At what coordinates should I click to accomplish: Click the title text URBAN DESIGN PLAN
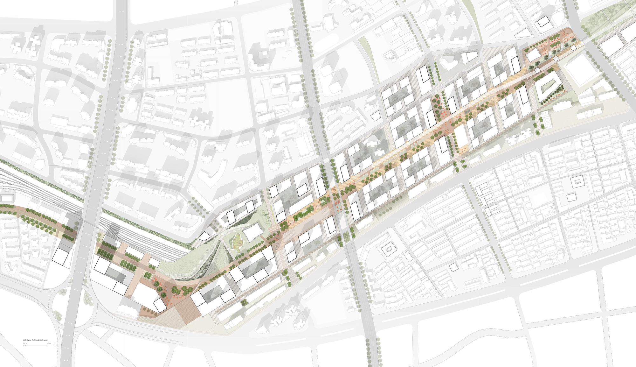pyautogui.click(x=35, y=340)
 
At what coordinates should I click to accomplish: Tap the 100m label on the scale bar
pyautogui.click(x=49, y=343)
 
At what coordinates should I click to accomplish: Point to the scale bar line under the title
pyautogui.click(x=35, y=346)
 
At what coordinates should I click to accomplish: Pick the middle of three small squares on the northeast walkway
pyautogui.click(x=556, y=59)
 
